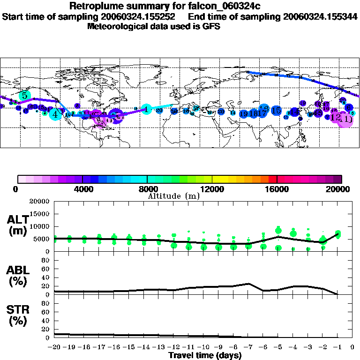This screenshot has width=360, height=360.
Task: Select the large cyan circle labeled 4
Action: coord(55,114)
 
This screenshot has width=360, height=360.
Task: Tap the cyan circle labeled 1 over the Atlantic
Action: coord(147,109)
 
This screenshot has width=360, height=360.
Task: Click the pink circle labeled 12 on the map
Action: coord(336,118)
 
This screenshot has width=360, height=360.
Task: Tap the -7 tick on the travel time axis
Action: coord(248,347)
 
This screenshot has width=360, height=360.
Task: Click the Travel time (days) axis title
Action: coord(205,356)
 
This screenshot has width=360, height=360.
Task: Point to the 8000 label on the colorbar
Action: coord(147,189)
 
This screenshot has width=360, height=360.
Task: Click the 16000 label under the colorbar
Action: coord(277,189)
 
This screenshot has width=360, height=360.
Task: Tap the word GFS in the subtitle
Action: coord(211,26)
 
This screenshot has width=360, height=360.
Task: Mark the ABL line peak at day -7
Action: coord(248,284)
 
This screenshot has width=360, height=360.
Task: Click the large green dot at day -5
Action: coord(278,230)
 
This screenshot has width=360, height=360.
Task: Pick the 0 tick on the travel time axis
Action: coord(353,347)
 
